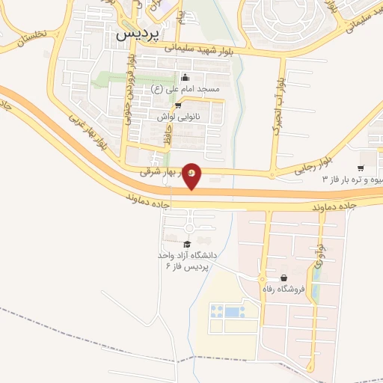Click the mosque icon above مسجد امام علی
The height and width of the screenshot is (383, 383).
pyautogui.click(x=186, y=78)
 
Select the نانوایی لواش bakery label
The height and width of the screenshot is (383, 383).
pyautogui.click(x=177, y=117)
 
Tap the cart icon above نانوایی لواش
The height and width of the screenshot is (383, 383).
pyautogui.click(x=178, y=105)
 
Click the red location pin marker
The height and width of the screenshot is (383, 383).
pyautogui.click(x=191, y=175)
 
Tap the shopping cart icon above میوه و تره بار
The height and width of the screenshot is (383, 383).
pyautogui.click(x=361, y=168)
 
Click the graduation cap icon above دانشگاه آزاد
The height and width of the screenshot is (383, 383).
pyautogui.click(x=187, y=243)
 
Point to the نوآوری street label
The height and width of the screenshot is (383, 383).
pyautogui.click(x=321, y=254)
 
